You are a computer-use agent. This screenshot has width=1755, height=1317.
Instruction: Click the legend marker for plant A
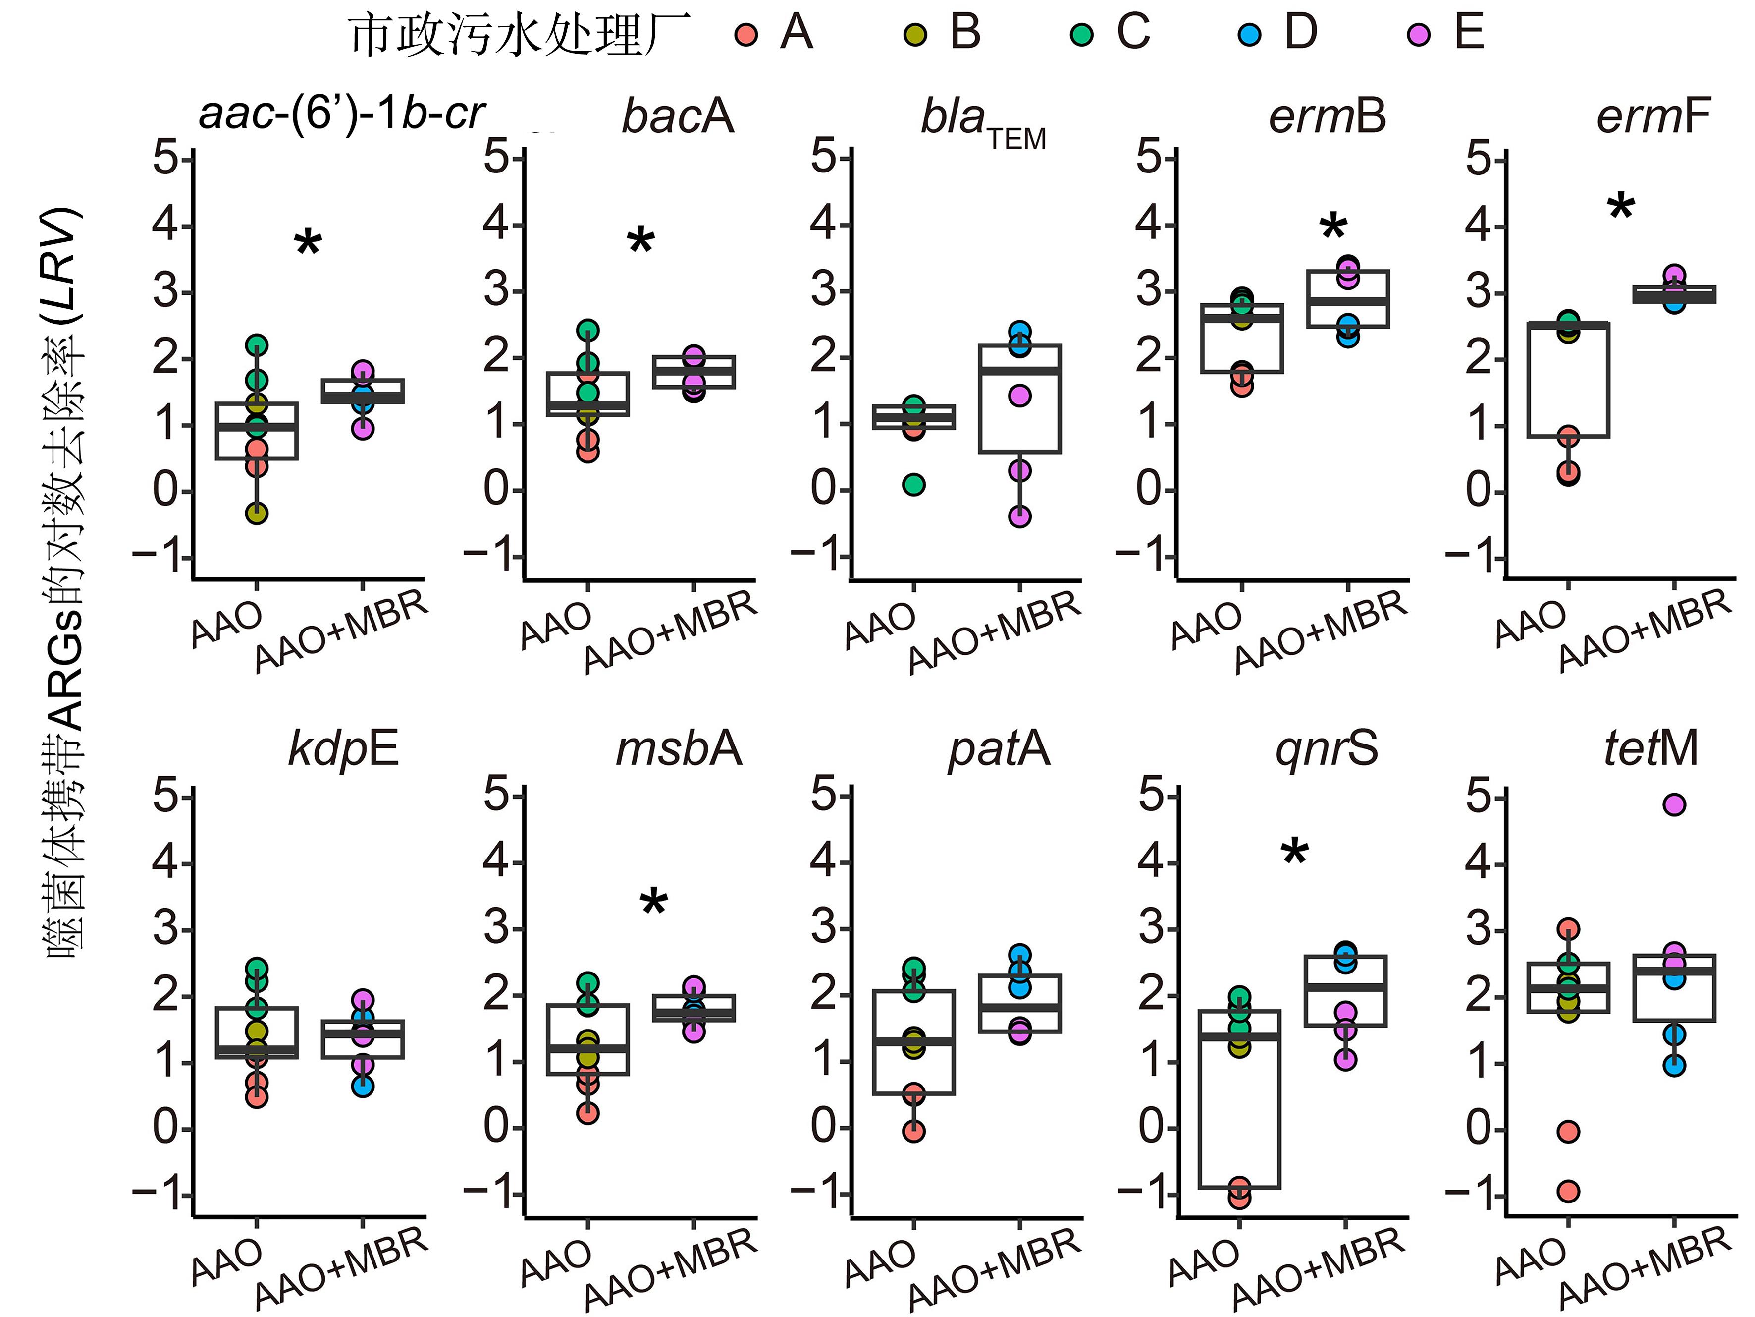746,35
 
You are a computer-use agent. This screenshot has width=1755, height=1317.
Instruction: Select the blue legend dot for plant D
1250,35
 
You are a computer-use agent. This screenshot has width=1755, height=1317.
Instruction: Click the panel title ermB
1327,116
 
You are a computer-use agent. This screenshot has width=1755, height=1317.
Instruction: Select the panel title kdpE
343,748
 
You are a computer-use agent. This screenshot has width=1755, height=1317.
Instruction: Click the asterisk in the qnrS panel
1295,854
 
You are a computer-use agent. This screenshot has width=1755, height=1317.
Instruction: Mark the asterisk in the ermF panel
1621,208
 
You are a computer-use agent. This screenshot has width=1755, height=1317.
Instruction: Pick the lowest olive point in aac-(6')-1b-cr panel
256,514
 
